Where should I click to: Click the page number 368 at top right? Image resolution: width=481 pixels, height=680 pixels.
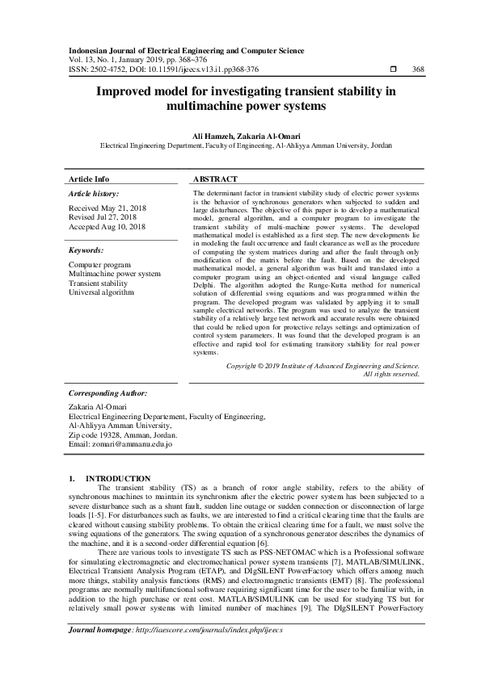(x=418, y=70)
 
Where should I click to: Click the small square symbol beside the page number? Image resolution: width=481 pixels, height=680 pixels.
(x=394, y=70)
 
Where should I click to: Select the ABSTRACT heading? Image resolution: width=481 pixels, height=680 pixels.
(x=216, y=178)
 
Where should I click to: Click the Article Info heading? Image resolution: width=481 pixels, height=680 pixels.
(x=89, y=178)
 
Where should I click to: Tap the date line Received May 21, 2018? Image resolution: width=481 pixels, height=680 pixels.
(x=108, y=208)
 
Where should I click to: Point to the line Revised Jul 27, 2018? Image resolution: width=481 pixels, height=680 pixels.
(x=103, y=218)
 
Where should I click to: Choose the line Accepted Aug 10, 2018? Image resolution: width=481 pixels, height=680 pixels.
(x=107, y=228)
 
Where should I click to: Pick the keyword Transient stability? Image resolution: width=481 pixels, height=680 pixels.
(x=98, y=283)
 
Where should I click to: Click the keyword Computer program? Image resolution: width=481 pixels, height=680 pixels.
(x=99, y=265)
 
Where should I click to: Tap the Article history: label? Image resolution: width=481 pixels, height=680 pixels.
(x=94, y=194)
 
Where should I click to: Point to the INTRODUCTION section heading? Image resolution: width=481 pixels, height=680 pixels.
(x=118, y=479)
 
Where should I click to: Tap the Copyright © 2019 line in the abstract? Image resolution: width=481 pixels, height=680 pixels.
(x=323, y=365)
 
